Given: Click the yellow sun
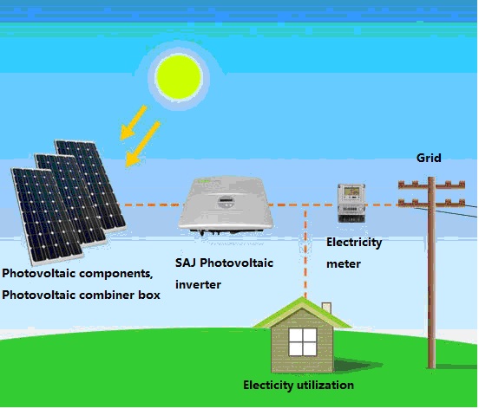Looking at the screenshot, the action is click(x=179, y=77).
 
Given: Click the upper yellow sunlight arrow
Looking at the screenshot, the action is click(x=134, y=122).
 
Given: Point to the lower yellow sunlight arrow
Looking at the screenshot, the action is click(x=142, y=144).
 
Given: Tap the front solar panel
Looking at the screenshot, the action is click(x=46, y=215).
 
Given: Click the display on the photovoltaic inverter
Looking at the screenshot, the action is click(x=226, y=201).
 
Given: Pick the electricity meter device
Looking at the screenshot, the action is click(x=351, y=203).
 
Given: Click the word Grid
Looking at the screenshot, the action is click(x=429, y=158).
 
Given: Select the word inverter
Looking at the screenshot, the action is click(x=198, y=284).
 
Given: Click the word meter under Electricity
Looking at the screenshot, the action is click(x=344, y=263).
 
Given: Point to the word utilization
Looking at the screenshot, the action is click(x=325, y=385).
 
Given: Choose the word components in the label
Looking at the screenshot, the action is click(x=115, y=274).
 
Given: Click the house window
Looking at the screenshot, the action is click(x=303, y=342).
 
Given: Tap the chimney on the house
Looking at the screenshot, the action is click(x=327, y=308).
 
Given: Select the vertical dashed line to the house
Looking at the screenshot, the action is click(x=305, y=251).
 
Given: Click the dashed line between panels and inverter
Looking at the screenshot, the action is click(x=150, y=205).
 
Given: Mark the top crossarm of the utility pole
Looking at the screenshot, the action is click(x=431, y=185).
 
